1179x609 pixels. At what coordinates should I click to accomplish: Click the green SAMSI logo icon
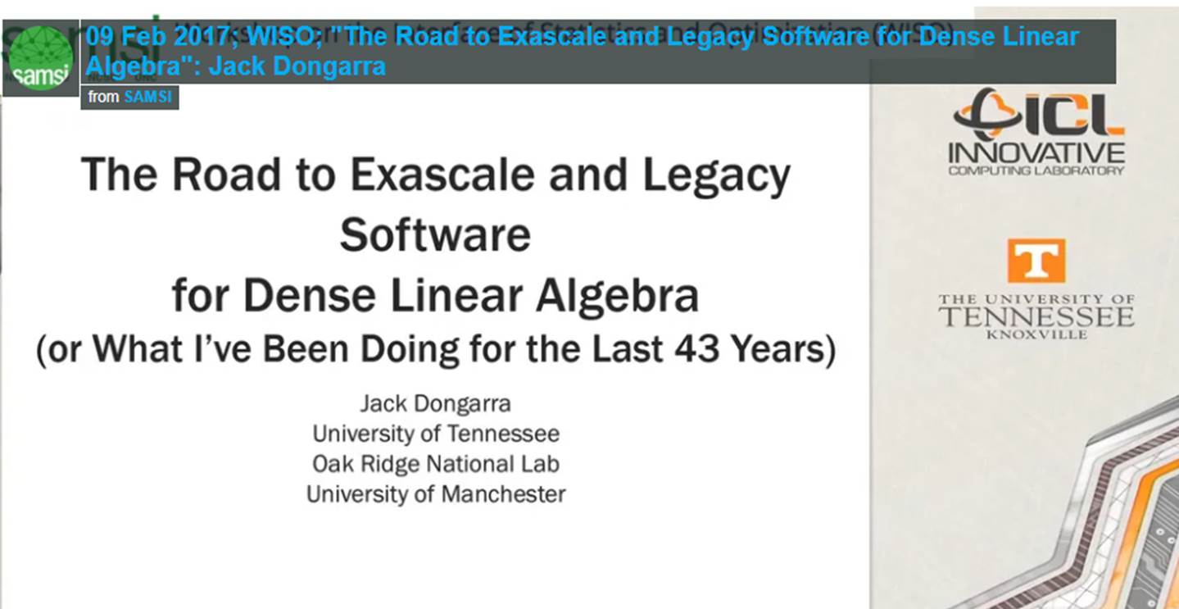click(40, 58)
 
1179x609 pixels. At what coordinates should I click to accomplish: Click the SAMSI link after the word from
click(147, 97)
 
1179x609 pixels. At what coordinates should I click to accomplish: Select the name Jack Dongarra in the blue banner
click(297, 66)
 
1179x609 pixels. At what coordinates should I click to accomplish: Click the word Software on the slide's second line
click(435, 235)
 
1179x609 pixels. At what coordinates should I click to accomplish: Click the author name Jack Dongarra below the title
click(435, 404)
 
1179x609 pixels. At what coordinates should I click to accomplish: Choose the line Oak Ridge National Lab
click(435, 464)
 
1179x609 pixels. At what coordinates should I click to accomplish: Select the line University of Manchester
click(435, 494)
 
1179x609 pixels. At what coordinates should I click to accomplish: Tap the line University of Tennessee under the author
click(435, 434)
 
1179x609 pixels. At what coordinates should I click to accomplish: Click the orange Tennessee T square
click(1036, 261)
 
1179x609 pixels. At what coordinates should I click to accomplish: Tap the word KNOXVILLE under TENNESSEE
click(1036, 334)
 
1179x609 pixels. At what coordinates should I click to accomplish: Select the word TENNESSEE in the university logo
click(1036, 316)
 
